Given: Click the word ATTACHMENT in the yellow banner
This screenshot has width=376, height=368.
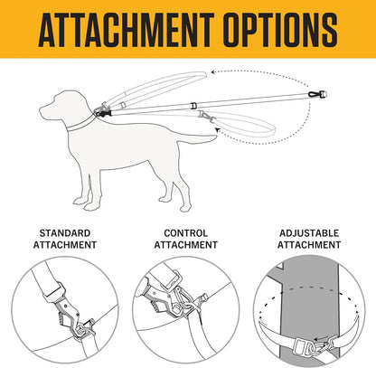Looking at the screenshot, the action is [x=127, y=30].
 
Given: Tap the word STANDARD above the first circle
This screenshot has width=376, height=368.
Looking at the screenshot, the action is [x=65, y=233].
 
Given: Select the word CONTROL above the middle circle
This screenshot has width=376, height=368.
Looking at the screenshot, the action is [x=186, y=233].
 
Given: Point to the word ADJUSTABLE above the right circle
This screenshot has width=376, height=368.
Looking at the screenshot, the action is [x=309, y=233].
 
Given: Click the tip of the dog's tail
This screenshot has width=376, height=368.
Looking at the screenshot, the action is [x=215, y=137].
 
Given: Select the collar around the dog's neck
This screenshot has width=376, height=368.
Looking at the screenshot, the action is [x=80, y=124].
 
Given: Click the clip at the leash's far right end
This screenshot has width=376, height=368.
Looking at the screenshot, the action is [x=317, y=95].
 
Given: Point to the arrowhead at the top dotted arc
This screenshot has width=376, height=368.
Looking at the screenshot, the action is [x=213, y=72].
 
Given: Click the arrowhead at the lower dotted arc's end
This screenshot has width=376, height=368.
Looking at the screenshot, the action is [x=218, y=130].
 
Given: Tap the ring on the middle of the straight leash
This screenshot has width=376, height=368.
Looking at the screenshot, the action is [x=193, y=106].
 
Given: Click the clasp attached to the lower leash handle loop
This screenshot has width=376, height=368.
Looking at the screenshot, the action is [x=206, y=116].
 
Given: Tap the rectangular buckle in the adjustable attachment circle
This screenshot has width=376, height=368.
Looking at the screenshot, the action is [x=300, y=346].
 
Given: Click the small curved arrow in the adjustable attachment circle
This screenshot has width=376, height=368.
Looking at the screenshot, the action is [x=321, y=338].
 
